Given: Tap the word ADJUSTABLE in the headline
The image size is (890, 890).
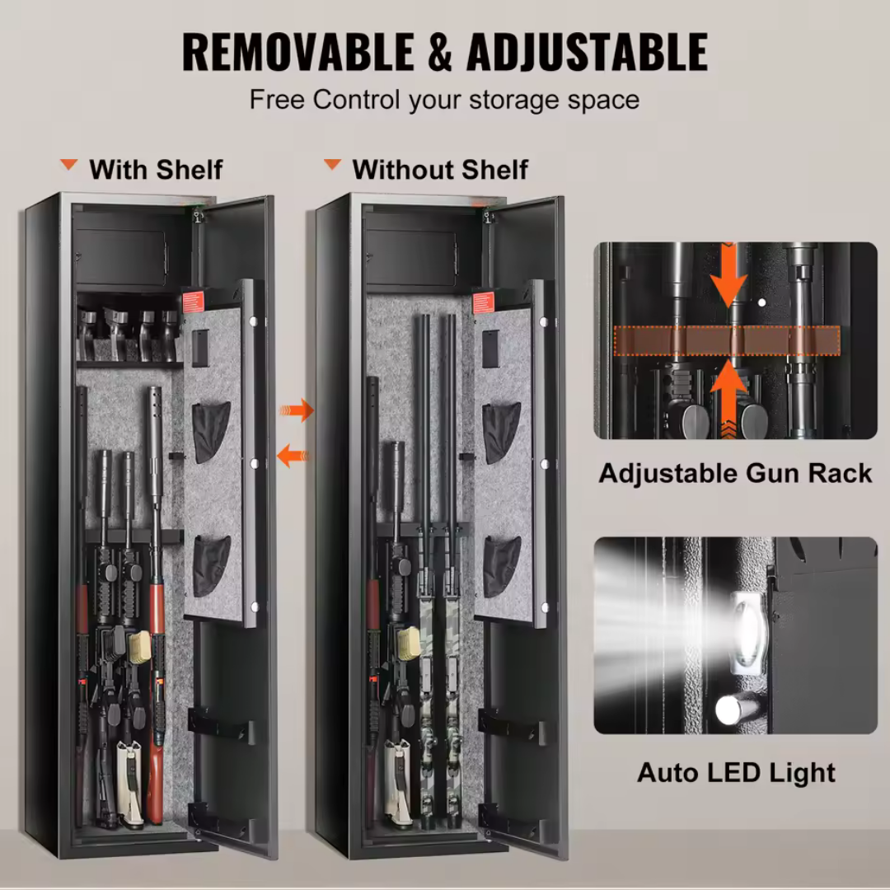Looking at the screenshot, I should [586, 52].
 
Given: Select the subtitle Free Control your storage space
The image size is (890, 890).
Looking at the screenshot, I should [444, 101].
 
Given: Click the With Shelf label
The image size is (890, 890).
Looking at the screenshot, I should [156, 170].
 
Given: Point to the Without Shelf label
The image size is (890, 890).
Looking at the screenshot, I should [439, 170].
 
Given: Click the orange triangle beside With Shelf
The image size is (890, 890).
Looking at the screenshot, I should [69, 166].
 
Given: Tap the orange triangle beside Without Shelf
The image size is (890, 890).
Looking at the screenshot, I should [332, 165].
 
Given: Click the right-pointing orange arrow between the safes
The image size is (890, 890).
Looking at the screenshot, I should [297, 410].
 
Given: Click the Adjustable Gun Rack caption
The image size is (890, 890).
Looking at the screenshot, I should [735, 473].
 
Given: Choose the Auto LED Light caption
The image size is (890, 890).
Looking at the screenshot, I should [736, 772].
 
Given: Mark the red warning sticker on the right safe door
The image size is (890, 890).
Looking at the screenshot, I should [484, 302].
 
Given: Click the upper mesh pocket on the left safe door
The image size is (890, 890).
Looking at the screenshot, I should [212, 431].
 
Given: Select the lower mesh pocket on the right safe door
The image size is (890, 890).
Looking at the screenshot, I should [501, 565].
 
